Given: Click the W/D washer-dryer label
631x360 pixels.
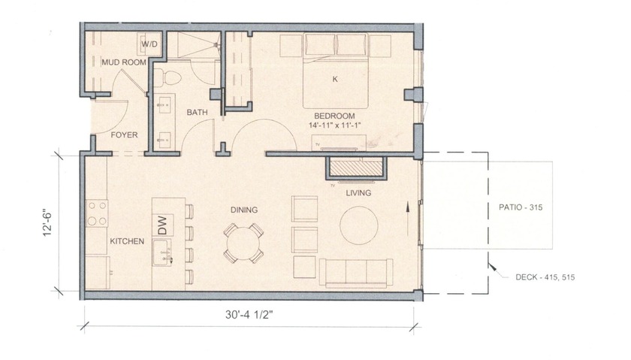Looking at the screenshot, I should click(149, 44).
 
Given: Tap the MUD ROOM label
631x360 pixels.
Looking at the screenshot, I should click(122, 63).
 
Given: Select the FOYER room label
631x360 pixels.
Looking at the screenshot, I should click(124, 135).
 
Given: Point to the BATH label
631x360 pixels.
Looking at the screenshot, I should click(198, 113).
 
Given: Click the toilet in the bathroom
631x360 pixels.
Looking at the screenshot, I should click(171, 77).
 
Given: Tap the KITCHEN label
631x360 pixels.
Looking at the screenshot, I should click(127, 242).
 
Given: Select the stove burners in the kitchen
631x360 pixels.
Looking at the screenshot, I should click(97, 213).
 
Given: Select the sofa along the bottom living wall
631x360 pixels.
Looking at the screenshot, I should click(355, 271).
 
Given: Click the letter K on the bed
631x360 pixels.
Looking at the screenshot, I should click(334, 78).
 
